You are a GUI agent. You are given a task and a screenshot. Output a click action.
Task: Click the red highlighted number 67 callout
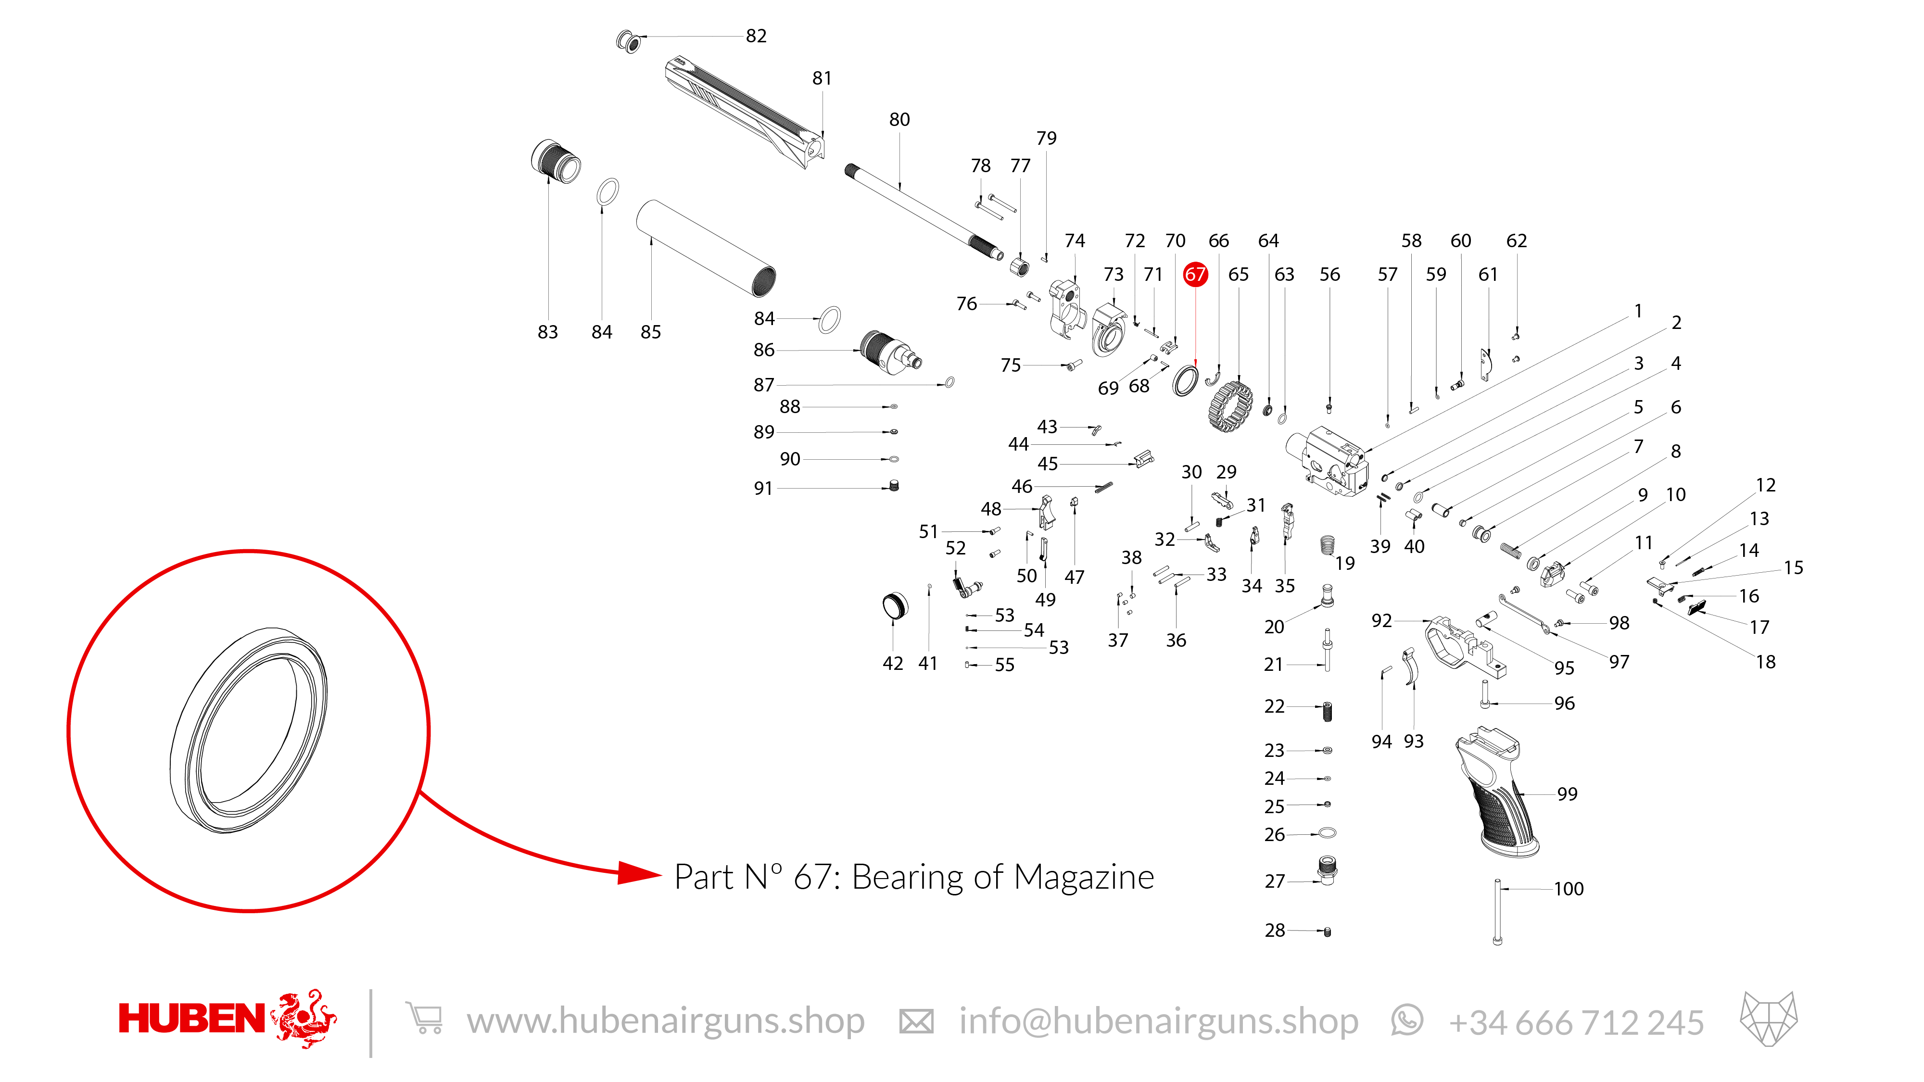click(1195, 274)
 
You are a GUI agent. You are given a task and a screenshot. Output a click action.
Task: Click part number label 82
click(756, 36)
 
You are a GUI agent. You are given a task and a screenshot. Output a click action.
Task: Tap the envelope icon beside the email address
click(916, 1021)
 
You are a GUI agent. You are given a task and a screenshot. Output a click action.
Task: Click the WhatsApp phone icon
click(1407, 1020)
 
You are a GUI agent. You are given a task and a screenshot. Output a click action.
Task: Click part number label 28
click(1275, 931)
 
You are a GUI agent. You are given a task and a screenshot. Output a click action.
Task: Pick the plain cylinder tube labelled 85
click(706, 248)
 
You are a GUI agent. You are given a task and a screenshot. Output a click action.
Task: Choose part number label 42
click(893, 664)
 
